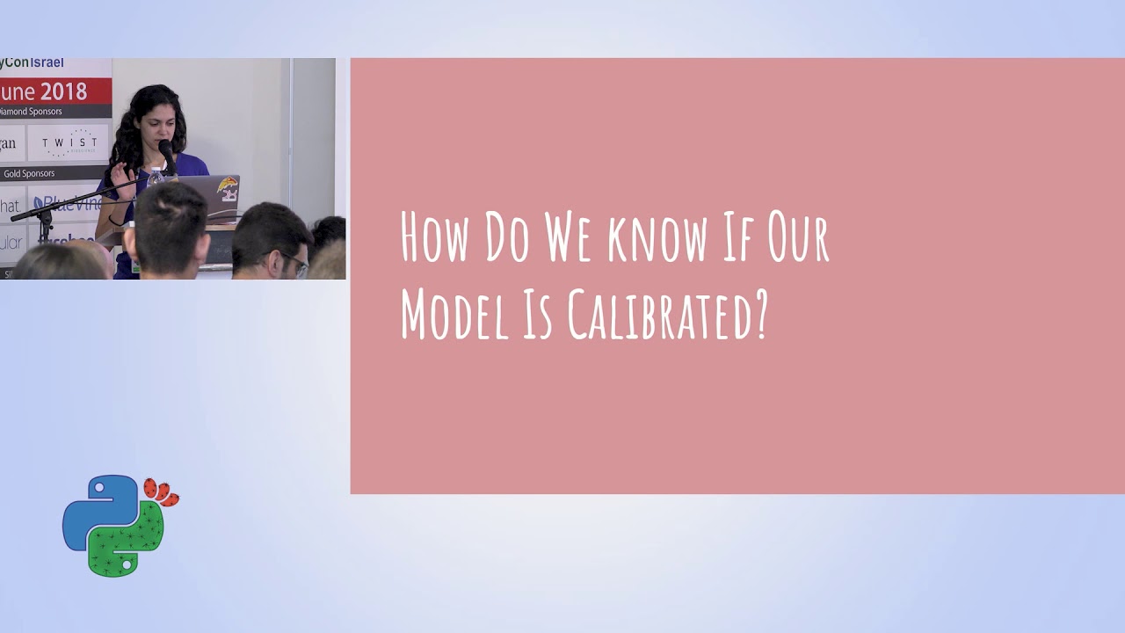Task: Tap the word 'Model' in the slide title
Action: pyautogui.click(x=454, y=315)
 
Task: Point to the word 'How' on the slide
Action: pyautogui.click(x=434, y=238)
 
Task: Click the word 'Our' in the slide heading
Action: pyautogui.click(x=798, y=238)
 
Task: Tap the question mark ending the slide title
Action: pyautogui.click(x=760, y=315)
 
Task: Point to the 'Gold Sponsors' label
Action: pyautogui.click(x=29, y=174)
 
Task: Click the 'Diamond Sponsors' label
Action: pyautogui.click(x=30, y=112)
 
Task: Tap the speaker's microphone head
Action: pyautogui.click(x=165, y=148)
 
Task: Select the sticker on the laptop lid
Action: pyautogui.click(x=228, y=187)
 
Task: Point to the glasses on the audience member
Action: pyautogui.click(x=296, y=263)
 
